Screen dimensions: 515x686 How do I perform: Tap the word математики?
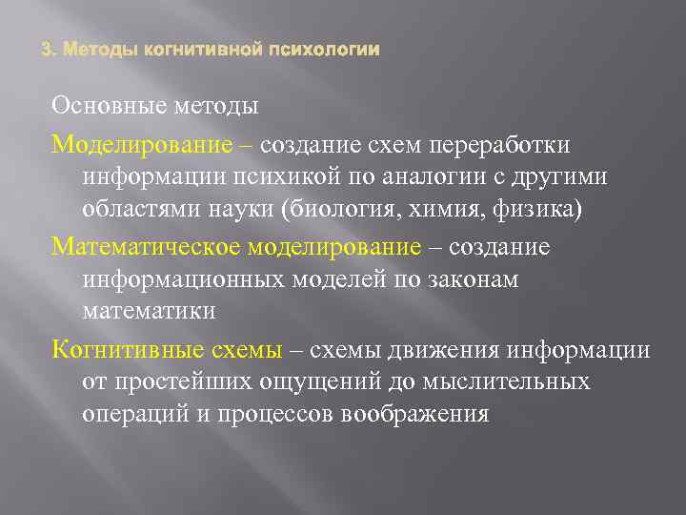[x=150, y=311]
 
